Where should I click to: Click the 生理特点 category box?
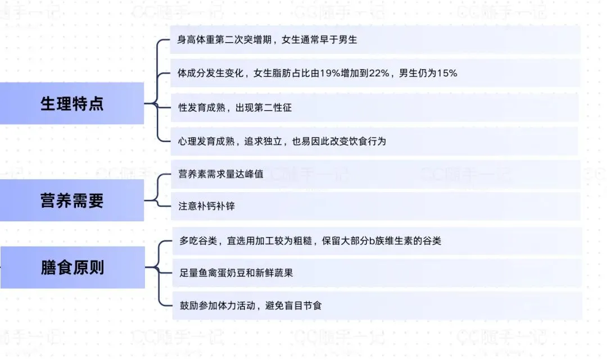click(72, 104)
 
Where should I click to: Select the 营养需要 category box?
click(72, 200)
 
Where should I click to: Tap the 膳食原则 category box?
click(73, 267)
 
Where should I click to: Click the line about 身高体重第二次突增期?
click(268, 40)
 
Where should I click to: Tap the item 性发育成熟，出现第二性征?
click(235, 107)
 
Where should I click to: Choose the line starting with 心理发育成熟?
click(282, 141)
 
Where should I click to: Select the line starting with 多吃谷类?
click(310, 241)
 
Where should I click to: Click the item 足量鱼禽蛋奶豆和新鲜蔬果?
click(235, 273)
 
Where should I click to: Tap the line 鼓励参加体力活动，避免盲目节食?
click(250, 306)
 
